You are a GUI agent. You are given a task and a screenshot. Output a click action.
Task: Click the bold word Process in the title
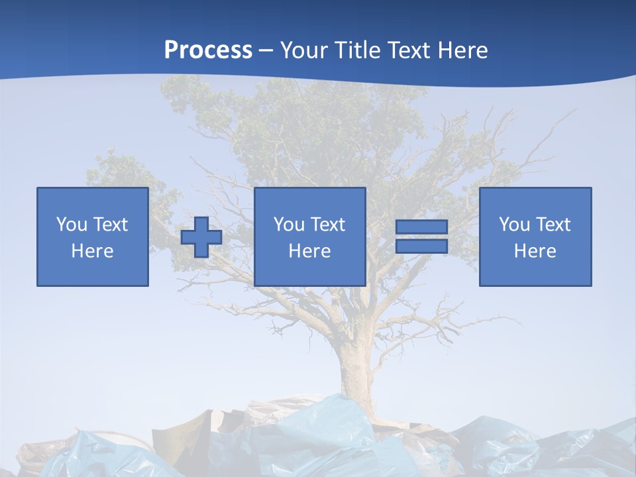click(x=208, y=50)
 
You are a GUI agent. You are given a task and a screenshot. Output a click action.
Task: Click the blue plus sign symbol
click(x=201, y=237)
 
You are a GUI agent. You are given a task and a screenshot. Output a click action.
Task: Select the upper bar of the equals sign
click(x=421, y=227)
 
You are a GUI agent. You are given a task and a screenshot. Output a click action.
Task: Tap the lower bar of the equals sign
click(x=421, y=246)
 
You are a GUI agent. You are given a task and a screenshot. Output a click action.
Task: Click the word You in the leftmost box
click(x=72, y=225)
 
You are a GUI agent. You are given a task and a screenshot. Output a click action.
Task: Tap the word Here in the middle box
click(x=310, y=251)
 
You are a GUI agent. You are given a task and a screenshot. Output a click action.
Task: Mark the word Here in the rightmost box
click(x=535, y=251)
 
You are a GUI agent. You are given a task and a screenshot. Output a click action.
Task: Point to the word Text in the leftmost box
click(x=110, y=225)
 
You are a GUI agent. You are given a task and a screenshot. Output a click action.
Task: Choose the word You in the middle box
click(x=289, y=225)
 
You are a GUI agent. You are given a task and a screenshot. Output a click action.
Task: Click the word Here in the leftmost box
click(x=93, y=251)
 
